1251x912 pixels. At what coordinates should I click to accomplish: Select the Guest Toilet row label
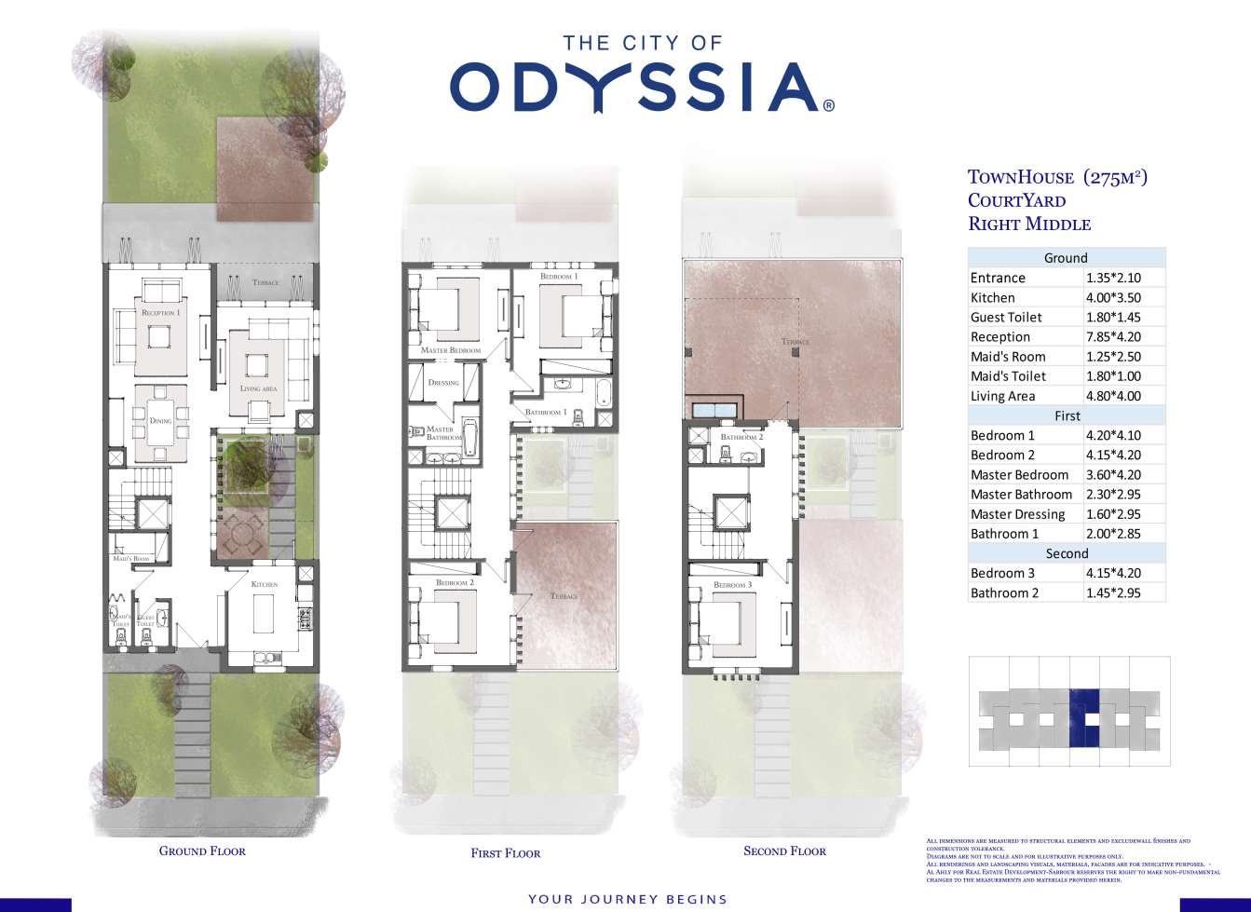1006,318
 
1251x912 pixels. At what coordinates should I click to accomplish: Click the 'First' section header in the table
1067,416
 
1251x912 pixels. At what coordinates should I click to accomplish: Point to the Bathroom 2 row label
1004,593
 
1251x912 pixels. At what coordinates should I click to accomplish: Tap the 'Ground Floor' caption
202,851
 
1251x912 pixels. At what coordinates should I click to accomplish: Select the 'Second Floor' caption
784,851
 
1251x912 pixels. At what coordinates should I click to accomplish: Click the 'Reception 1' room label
160,313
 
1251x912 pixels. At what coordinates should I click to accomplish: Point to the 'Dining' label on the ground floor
160,421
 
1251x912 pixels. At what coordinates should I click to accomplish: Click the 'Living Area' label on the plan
258,388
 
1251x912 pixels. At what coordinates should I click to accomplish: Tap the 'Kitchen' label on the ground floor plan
265,584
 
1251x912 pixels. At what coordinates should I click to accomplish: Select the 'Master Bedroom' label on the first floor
451,350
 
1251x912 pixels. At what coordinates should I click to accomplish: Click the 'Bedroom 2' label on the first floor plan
455,583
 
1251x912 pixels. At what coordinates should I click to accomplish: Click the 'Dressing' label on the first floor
443,383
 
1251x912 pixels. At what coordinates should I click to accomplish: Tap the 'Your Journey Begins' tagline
627,899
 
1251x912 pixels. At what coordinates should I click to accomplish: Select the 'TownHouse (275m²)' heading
1057,177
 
